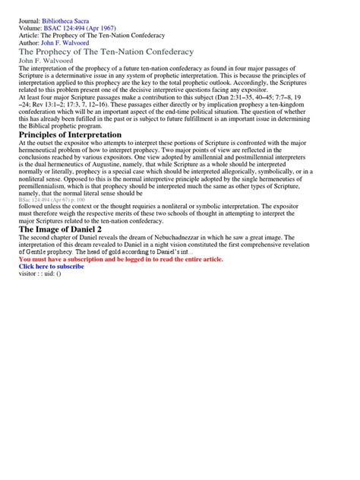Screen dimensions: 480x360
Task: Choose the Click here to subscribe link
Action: (52, 267)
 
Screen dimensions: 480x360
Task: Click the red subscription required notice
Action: (121, 259)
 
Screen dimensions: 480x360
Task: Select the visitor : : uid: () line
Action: (45, 274)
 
